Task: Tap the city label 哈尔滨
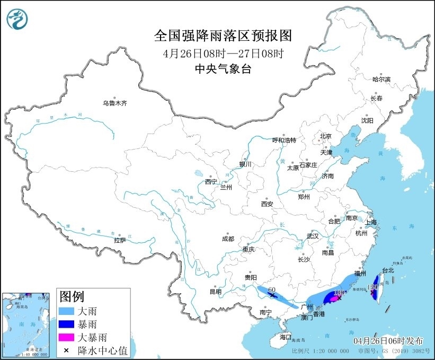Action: click(x=380, y=79)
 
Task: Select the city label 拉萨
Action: click(x=120, y=240)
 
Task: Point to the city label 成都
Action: click(x=228, y=239)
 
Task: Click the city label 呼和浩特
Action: click(x=284, y=140)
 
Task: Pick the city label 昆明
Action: click(x=216, y=292)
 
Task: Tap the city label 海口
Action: click(x=286, y=337)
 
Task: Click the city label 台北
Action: click(x=388, y=270)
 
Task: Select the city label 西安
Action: click(x=267, y=204)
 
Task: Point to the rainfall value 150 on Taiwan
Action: click(x=372, y=287)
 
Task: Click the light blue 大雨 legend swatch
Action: click(x=67, y=311)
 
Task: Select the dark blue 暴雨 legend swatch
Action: click(x=67, y=324)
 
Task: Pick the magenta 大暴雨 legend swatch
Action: click(x=67, y=337)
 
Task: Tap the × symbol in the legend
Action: click(x=67, y=349)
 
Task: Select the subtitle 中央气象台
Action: click(x=223, y=68)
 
